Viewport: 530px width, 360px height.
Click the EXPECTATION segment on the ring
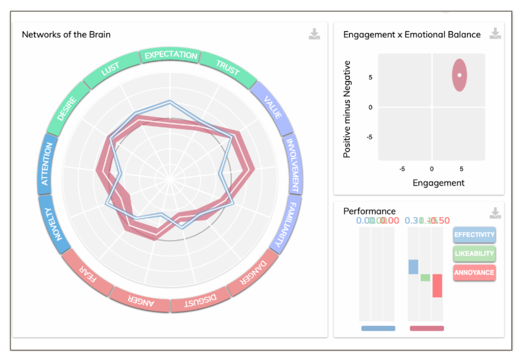click(170, 55)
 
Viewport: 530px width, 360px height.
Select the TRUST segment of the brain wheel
click(228, 67)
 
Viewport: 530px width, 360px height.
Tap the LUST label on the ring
click(110, 69)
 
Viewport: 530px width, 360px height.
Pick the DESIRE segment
click(67, 109)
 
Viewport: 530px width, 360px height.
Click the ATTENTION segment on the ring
click(47, 164)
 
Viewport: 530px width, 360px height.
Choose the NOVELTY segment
click(53, 224)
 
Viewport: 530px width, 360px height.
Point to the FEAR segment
click(88, 274)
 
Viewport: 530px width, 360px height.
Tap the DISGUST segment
click(200, 301)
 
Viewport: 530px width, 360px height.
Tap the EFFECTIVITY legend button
click(474, 235)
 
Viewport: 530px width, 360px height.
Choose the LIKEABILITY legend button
click(474, 253)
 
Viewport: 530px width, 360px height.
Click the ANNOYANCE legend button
click(474, 272)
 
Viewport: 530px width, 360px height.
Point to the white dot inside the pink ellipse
click(459, 75)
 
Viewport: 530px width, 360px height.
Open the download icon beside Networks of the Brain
click(314, 34)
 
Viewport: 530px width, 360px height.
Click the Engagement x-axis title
click(438, 183)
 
